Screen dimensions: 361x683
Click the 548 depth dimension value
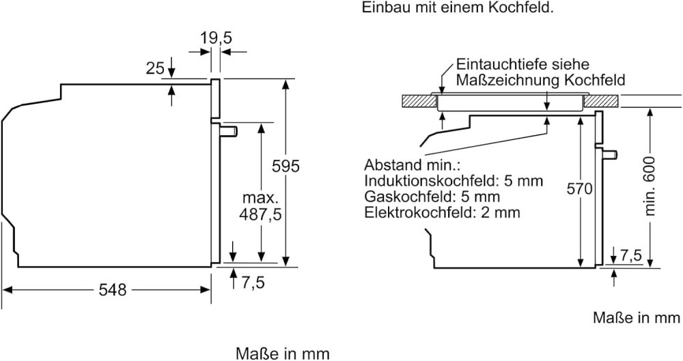pos(113,289)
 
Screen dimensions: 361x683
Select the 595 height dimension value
pos(286,165)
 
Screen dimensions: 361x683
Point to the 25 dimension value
pos(155,68)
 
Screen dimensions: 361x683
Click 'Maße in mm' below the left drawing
pos(283,353)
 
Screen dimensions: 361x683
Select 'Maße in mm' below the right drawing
pos(637,318)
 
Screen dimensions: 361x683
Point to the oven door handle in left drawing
pos(230,129)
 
